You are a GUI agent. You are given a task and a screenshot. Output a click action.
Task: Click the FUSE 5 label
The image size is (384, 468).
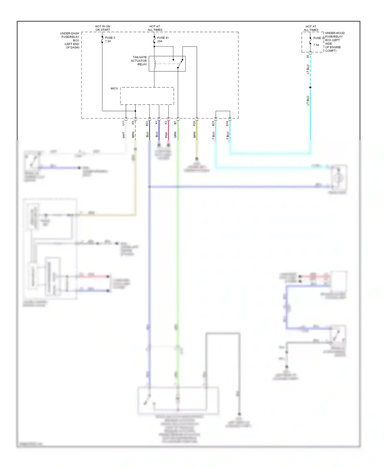tap(110, 38)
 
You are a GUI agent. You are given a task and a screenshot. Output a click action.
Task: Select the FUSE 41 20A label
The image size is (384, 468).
tap(163, 39)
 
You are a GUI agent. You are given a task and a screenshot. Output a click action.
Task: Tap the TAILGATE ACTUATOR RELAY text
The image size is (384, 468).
tap(139, 61)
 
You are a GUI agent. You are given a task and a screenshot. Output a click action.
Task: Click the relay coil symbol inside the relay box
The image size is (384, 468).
tap(155, 64)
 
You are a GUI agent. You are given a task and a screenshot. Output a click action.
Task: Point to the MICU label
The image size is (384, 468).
tap(114, 89)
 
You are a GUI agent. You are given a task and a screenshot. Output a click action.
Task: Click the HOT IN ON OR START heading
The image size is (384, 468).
tap(103, 28)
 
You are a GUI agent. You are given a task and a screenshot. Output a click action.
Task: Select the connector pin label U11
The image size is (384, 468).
tap(124, 123)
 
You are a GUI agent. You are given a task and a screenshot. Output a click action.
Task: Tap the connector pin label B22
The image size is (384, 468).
tap(147, 123)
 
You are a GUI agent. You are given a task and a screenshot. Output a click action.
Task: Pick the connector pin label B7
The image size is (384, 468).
tap(175, 123)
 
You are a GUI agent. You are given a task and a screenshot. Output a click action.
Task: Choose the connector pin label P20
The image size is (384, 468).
tap(194, 123)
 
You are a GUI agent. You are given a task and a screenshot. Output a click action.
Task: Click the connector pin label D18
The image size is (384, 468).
tap(227, 123)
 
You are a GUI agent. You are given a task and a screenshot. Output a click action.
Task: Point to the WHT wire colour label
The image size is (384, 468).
tap(124, 135)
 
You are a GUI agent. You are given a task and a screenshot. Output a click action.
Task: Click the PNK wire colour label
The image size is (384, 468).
tap(166, 135)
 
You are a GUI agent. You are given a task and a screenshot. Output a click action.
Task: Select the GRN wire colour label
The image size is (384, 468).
tap(175, 135)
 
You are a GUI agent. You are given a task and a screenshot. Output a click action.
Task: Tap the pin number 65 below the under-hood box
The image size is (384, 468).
tap(308, 56)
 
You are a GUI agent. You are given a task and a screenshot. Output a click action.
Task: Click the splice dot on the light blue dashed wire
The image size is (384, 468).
tap(310, 88)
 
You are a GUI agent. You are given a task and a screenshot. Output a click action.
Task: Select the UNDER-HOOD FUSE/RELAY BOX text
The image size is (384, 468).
tap(335, 42)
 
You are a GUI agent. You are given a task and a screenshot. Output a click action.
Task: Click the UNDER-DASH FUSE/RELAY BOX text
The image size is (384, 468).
tap(70, 40)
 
